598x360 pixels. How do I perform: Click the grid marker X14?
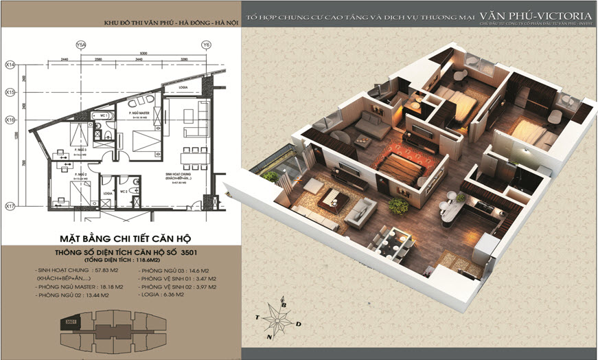(x=10, y=64)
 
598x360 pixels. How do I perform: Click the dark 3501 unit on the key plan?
(x=69, y=321)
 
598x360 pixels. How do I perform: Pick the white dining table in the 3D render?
(x=389, y=241)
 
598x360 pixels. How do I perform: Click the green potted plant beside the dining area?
(x=396, y=205)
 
